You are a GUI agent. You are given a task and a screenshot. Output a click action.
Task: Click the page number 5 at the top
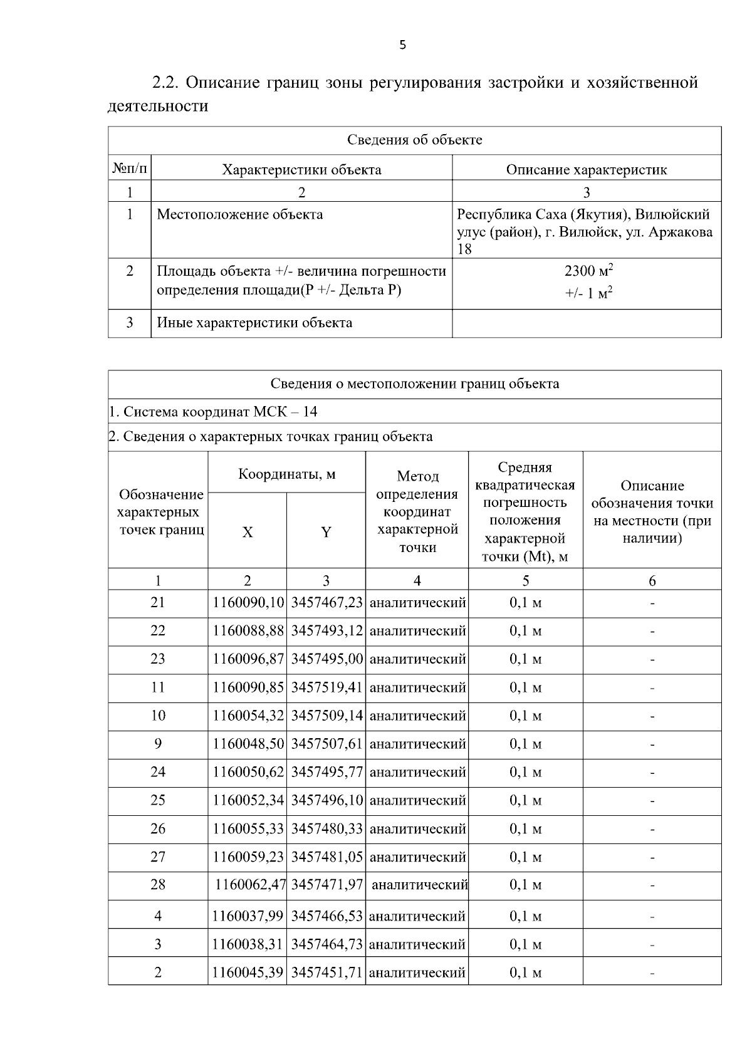click(402, 45)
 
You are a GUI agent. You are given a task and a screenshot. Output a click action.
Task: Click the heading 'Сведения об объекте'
click(414, 140)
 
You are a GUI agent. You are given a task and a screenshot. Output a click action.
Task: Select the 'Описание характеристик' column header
click(586, 169)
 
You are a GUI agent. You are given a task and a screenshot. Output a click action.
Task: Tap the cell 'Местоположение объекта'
click(239, 215)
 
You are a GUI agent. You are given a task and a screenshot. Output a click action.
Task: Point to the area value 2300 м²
click(588, 271)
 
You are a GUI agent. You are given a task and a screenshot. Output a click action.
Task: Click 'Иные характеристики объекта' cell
click(254, 323)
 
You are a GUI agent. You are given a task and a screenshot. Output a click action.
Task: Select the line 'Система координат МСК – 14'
click(213, 412)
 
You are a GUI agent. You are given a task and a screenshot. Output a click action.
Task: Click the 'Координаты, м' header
click(286, 474)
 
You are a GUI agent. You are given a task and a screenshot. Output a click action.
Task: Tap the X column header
click(248, 532)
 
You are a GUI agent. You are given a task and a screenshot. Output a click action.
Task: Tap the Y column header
click(326, 532)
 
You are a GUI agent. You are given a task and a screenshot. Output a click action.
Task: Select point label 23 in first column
click(158, 659)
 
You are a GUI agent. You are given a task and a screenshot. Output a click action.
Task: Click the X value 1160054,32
click(248, 716)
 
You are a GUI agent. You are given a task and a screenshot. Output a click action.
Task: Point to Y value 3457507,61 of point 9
click(326, 744)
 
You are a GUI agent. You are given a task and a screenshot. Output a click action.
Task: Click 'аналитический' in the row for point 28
click(419, 885)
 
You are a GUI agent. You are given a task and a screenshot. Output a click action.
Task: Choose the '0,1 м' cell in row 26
click(525, 829)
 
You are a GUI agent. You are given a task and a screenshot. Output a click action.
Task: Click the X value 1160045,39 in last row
click(248, 973)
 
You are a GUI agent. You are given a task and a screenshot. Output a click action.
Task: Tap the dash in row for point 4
click(652, 916)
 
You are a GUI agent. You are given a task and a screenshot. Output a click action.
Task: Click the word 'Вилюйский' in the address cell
click(672, 215)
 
